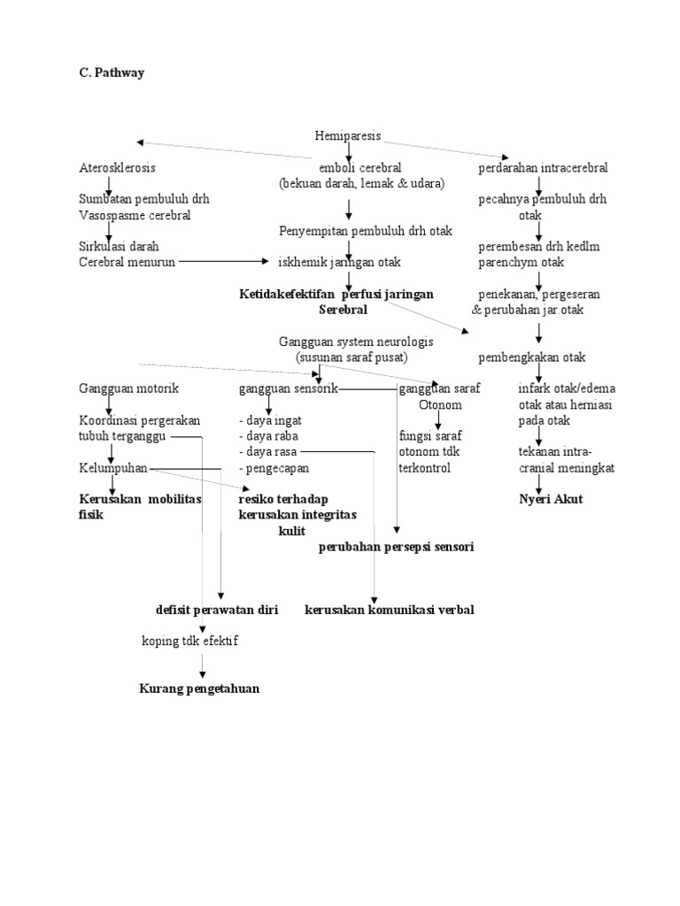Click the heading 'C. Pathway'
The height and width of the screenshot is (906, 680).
(111, 73)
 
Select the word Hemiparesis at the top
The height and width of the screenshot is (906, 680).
(348, 136)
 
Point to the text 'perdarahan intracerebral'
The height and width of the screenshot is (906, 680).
(543, 167)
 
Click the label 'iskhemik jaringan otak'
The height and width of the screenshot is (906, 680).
(339, 262)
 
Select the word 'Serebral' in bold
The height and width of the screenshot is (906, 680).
(343, 310)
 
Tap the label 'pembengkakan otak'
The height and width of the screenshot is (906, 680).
(531, 357)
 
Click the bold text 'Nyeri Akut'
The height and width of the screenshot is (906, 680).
(551, 499)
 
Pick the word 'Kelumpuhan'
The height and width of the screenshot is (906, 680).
(112, 468)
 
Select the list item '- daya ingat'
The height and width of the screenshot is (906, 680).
(270, 421)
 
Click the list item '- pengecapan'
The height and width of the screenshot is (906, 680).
(274, 468)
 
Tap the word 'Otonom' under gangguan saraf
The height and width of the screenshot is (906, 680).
(440, 404)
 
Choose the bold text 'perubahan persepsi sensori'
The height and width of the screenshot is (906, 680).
(397, 547)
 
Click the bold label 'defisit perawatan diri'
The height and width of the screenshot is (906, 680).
(217, 610)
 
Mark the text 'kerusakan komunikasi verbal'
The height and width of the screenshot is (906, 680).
(390, 610)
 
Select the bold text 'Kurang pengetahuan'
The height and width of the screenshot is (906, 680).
(199, 689)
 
